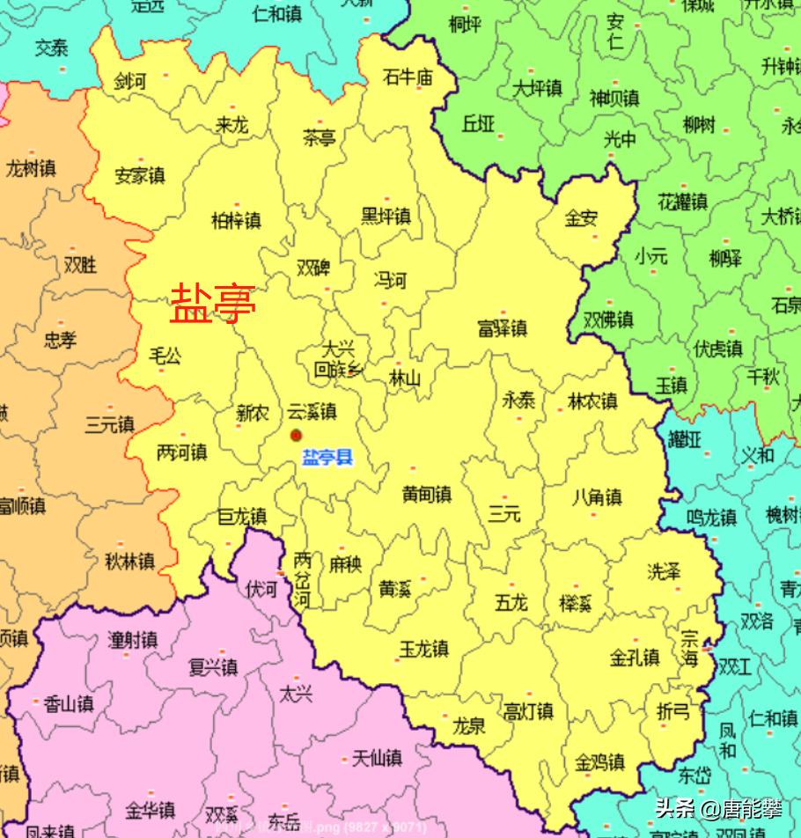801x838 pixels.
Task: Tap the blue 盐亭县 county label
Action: coord(327,458)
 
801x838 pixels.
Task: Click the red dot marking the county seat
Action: coord(297,435)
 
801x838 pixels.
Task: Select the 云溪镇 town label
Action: coord(312,411)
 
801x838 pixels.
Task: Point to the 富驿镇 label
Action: coord(502,328)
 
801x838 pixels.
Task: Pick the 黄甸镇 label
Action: coord(426,495)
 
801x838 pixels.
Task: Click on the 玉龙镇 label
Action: coord(423,649)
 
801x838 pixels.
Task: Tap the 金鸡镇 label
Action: coord(599,761)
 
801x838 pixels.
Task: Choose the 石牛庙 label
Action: coord(408,77)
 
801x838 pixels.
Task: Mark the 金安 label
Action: coord(581,218)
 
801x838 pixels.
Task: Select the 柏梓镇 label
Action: coord(236,220)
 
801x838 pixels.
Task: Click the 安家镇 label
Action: coord(139,176)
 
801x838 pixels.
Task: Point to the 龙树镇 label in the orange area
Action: coord(31,167)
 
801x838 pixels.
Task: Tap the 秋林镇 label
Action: coord(129,560)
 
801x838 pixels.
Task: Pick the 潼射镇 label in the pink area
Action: coord(132,640)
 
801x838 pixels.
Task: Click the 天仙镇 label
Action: coord(377,756)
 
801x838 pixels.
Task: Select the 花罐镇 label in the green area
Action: coord(682,202)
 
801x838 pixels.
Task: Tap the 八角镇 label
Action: coord(596,497)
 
